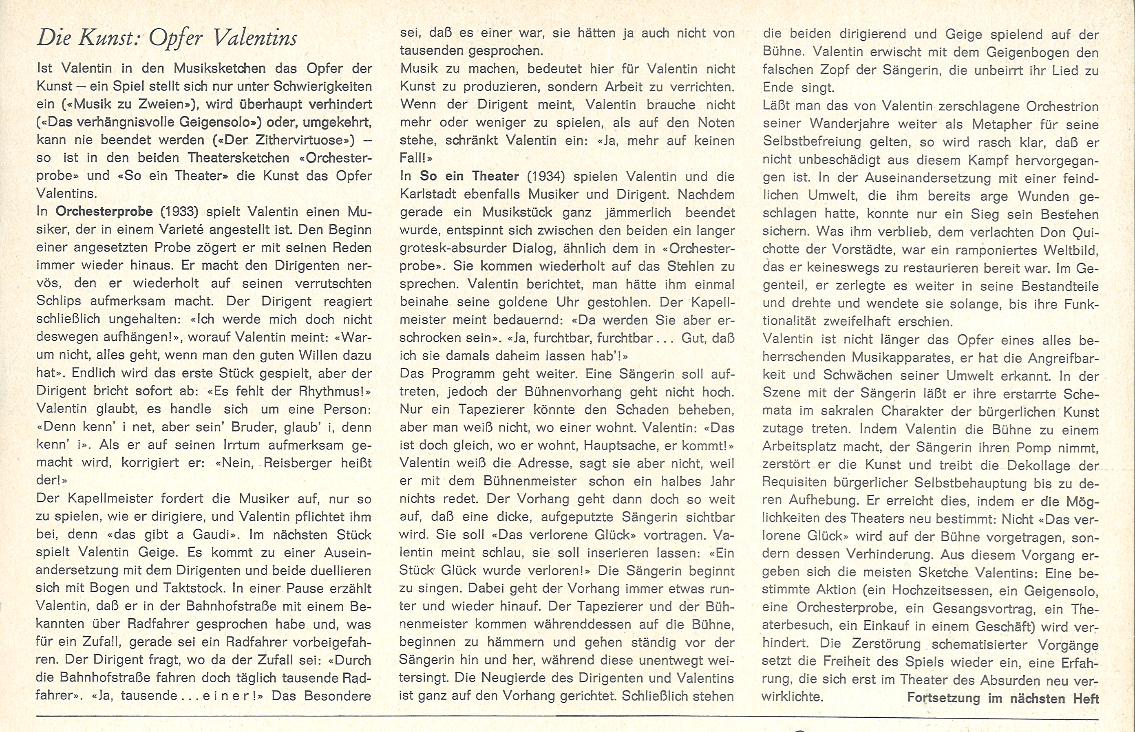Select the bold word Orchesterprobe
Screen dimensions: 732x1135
click(x=104, y=212)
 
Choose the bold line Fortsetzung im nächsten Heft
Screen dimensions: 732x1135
click(x=1003, y=698)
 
